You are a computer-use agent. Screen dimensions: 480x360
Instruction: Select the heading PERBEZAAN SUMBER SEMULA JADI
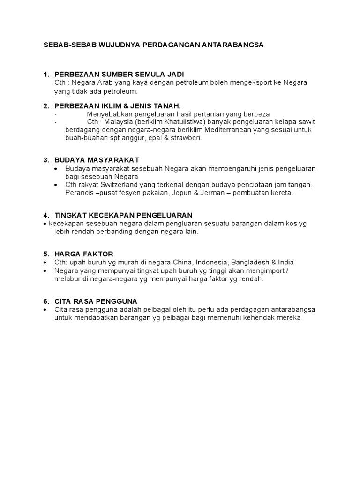click(120, 75)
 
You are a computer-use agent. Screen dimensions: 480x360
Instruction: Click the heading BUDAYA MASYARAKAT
click(97, 160)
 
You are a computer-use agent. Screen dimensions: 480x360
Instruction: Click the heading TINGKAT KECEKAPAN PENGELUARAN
click(124, 215)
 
